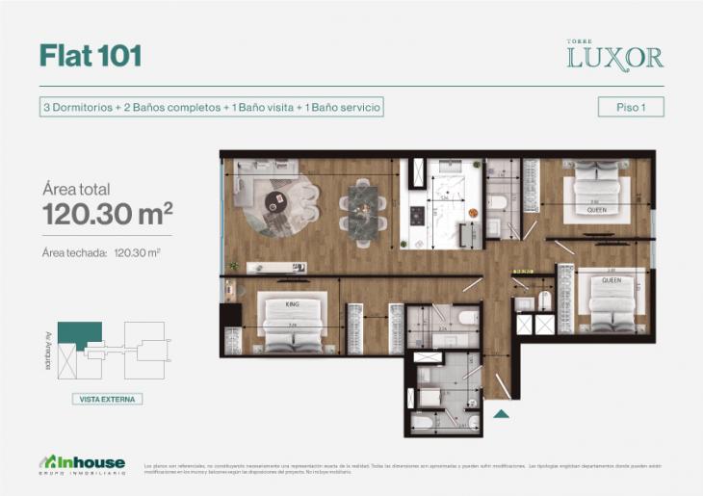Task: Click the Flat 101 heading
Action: click(x=91, y=56)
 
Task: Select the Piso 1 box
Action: click(x=631, y=107)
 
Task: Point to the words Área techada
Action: click(x=74, y=253)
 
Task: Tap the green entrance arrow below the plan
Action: click(x=501, y=414)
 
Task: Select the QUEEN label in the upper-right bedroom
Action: click(x=597, y=208)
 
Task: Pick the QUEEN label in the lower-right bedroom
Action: click(x=612, y=280)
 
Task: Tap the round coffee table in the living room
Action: click(x=276, y=200)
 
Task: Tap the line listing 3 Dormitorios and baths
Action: click(x=212, y=107)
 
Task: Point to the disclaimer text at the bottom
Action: click(x=404, y=467)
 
